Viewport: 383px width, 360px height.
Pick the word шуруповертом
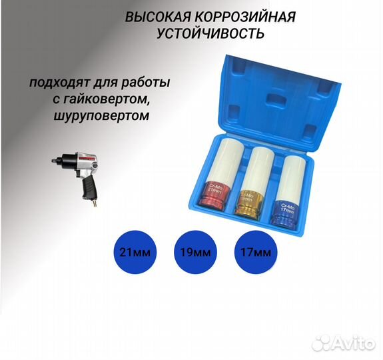92,115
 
